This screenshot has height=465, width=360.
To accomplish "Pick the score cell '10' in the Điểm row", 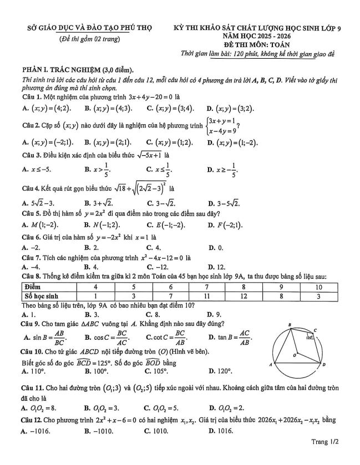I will point(318,287).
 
